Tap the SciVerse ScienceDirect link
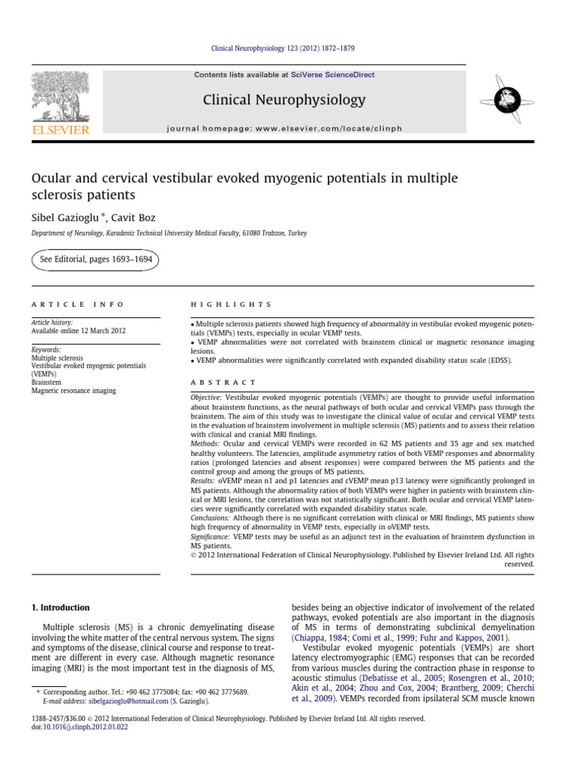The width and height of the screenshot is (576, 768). pos(334,75)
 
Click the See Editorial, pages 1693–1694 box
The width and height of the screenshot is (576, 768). pos(94,259)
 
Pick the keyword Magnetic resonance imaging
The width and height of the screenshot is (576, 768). pos(73,390)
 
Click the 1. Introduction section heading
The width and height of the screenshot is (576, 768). pos(60,607)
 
